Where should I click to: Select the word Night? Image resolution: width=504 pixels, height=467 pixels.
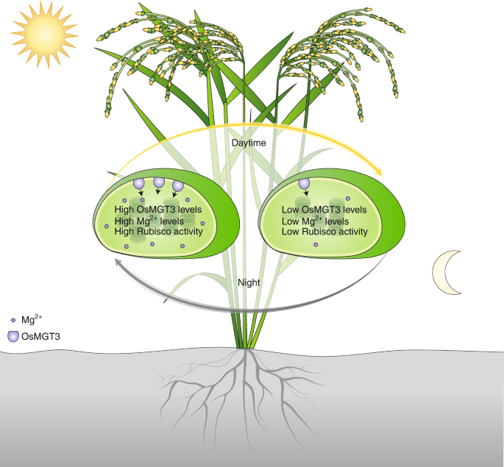tap(250, 282)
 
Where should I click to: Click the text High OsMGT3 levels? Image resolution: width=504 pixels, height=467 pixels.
tap(158, 210)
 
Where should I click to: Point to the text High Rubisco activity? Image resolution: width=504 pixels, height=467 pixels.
tap(158, 231)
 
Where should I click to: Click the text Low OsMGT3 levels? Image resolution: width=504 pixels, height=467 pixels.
tap(324, 210)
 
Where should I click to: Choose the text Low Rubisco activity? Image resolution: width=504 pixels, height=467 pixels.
tap(324, 231)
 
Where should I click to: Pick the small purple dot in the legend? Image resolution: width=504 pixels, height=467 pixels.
tap(13, 321)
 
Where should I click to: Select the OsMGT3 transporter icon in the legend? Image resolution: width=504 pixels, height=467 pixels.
tap(13, 336)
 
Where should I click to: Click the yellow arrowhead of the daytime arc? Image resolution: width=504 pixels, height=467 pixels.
tap(379, 171)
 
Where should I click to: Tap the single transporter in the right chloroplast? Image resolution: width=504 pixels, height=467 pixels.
tap(304, 184)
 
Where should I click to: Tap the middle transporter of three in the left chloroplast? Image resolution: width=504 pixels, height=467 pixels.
tap(158, 183)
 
